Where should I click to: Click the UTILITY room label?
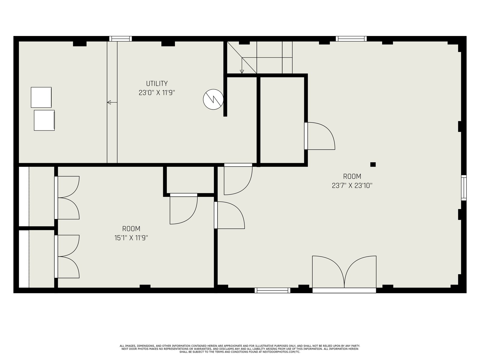click(157, 83)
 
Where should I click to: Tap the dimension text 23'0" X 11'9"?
click(157, 93)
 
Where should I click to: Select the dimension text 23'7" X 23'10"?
click(352, 186)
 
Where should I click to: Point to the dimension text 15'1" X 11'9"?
click(131, 238)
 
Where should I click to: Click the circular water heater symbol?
click(213, 100)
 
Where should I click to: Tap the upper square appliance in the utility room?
click(41, 97)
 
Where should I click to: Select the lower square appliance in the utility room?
click(44, 120)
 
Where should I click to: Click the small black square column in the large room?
click(373, 164)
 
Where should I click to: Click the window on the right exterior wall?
click(464, 187)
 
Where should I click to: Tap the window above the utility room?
click(121, 39)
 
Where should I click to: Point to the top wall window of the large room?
click(351, 39)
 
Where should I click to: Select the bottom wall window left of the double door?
click(272, 290)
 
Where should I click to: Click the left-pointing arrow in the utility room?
click(112, 102)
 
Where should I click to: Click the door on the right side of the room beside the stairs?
click(320, 136)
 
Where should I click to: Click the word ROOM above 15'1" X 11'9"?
click(131, 229)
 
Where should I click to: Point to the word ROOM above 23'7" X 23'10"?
click(352, 176)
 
